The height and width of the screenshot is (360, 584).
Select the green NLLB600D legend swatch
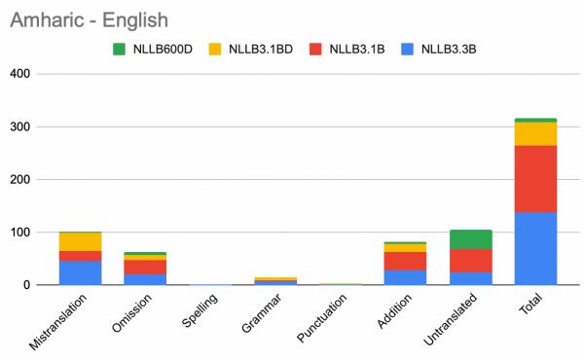point(119,49)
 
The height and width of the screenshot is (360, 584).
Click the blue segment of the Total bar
point(535,248)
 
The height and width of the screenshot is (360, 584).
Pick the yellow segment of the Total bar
point(535,133)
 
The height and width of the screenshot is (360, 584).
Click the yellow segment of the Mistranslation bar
point(80,241)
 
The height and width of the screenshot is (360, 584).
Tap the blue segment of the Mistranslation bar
point(80,272)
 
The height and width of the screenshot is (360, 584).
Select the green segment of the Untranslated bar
point(471,239)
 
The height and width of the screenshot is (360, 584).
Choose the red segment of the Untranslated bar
point(471,260)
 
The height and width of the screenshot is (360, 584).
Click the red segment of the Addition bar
point(405,261)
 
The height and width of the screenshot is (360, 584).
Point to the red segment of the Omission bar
point(145,267)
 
